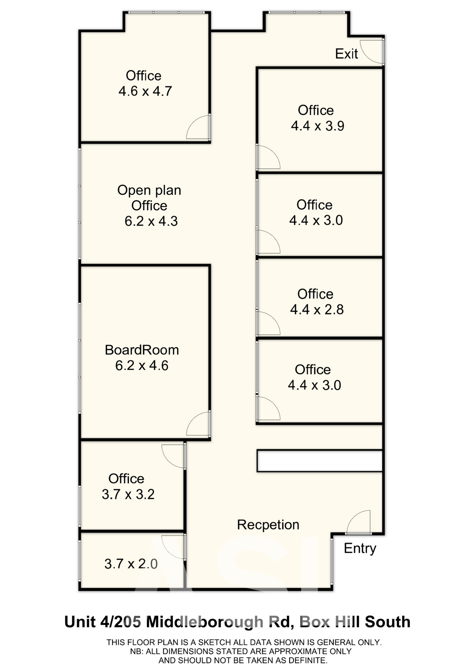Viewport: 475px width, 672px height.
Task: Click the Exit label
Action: coord(346,54)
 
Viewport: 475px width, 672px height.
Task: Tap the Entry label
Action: coord(360,548)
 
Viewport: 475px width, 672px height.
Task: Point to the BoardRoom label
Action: coord(142,350)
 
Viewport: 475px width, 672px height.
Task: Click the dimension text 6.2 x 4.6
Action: coord(142,365)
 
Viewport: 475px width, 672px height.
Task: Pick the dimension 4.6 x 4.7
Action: coord(145,91)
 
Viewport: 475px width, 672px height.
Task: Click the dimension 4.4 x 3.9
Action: coord(318,126)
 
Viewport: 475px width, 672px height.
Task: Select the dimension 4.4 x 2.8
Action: coord(317,309)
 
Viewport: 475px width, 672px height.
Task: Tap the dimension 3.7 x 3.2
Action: coord(128,494)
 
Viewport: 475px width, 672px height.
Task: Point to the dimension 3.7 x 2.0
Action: coord(131,564)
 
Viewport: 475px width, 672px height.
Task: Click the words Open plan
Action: coord(149,190)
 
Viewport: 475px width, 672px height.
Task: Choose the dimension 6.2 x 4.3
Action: coord(151,221)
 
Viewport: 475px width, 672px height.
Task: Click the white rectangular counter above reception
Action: coord(320,461)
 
